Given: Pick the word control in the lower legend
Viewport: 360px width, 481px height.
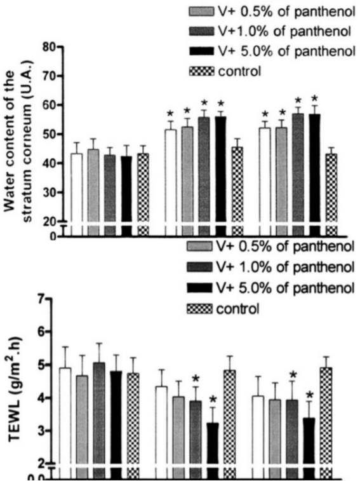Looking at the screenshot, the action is [238, 309].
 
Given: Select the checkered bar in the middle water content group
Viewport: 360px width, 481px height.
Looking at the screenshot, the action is [237, 191].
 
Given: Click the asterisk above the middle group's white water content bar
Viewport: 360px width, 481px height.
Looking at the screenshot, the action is [171, 114].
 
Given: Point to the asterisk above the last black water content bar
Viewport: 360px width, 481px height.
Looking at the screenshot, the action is [314, 98].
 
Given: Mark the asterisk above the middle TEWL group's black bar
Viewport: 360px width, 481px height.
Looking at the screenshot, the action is [213, 400].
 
